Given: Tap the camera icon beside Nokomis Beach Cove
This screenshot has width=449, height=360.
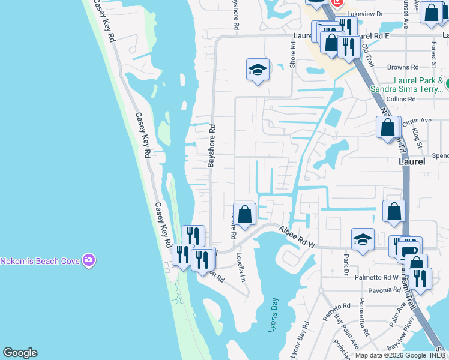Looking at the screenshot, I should point(89,260).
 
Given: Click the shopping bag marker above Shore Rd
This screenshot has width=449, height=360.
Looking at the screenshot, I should point(244,215).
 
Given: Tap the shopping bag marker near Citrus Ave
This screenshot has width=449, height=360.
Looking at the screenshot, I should point(388,128).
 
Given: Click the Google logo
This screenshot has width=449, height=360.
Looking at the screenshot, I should point(20,353).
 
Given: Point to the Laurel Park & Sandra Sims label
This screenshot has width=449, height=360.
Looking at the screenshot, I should point(419,86).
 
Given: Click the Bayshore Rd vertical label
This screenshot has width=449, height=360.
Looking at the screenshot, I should point(211,146).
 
